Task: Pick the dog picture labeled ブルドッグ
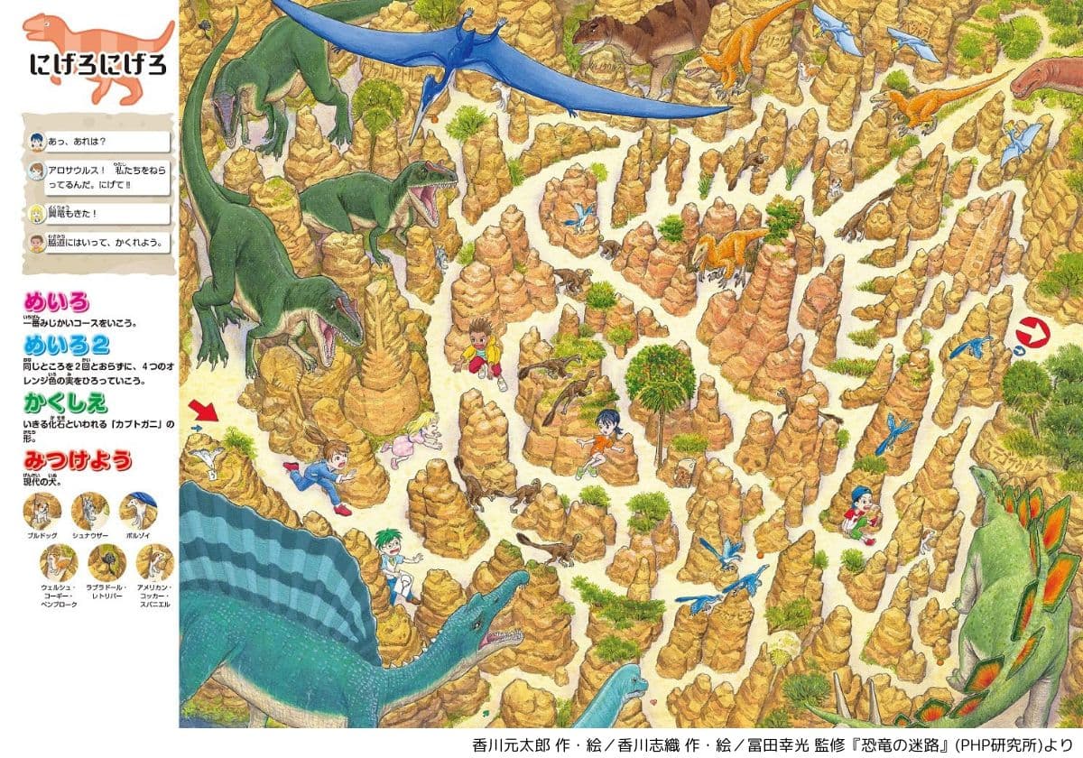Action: coord(42,512)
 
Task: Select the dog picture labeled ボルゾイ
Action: coord(139,512)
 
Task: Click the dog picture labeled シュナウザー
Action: coord(89,512)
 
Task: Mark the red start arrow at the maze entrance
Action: coord(205,411)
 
